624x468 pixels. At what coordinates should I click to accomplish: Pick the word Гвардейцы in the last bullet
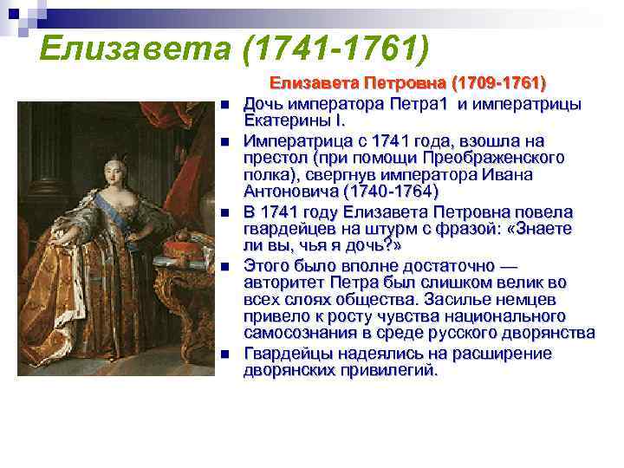coord(287,353)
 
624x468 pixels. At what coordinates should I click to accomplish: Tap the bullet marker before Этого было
coord(223,266)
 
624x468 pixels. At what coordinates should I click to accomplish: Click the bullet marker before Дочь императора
coord(223,105)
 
